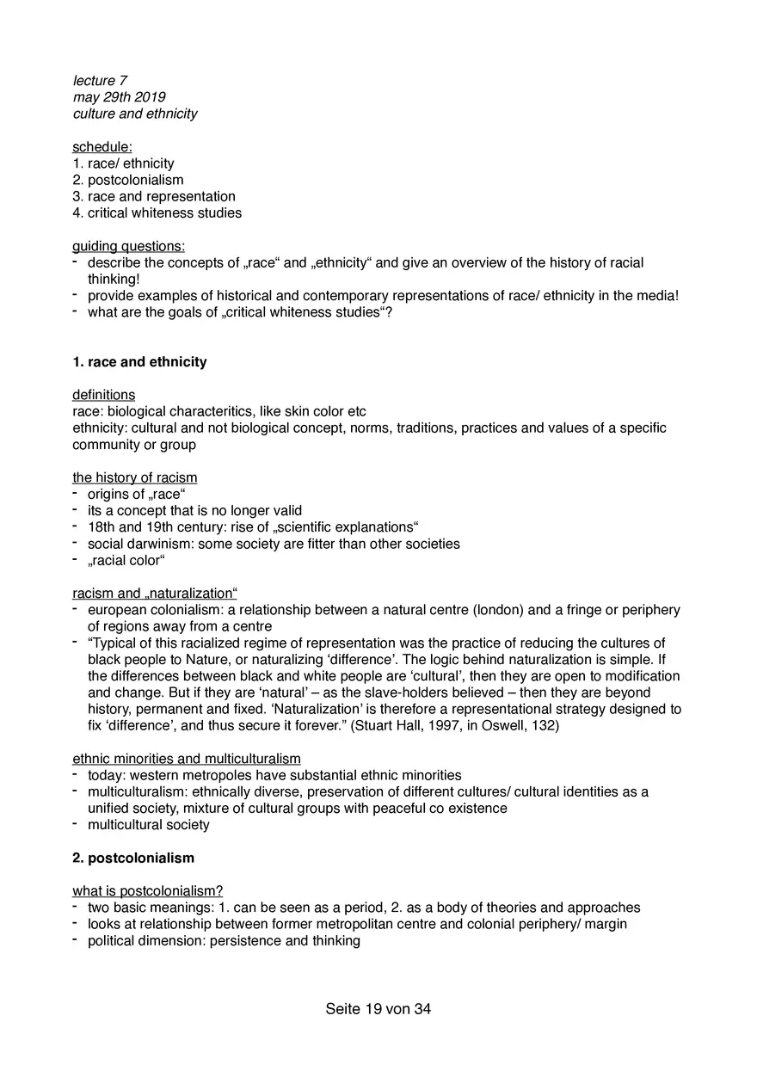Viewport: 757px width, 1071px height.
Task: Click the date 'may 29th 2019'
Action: click(119, 97)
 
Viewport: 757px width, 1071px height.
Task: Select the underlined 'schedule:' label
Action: click(102, 147)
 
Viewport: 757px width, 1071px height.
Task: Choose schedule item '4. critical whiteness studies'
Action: click(157, 212)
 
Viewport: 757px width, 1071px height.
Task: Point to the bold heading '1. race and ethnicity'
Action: click(139, 362)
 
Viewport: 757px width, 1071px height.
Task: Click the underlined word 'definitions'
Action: click(103, 395)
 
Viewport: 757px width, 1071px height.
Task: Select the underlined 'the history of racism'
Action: click(134, 477)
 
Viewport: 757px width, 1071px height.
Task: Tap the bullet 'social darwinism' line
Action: click(273, 544)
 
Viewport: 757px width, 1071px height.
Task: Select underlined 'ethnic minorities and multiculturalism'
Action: click(186, 759)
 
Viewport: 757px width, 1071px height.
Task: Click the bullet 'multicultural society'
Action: click(148, 825)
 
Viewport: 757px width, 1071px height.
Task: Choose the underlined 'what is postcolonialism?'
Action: click(147, 891)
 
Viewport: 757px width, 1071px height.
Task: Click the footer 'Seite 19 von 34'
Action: click(378, 1009)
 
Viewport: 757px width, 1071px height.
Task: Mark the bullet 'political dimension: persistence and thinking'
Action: click(223, 940)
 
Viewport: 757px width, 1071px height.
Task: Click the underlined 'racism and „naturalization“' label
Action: click(154, 594)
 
